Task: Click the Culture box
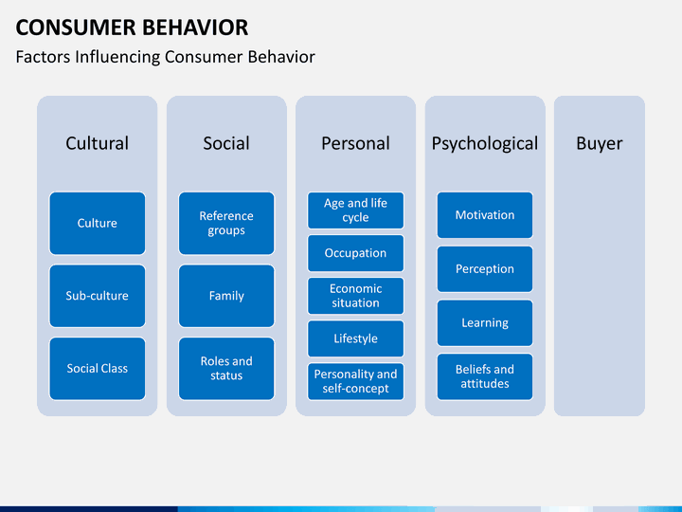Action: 97,224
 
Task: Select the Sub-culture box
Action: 97,296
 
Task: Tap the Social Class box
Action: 97,369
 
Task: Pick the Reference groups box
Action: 226,224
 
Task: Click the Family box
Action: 226,296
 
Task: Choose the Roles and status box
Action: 226,369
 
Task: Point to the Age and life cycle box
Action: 355,210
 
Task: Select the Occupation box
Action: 355,253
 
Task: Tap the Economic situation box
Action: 355,296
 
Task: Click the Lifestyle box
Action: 355,338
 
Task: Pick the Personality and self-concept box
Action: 355,381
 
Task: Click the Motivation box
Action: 485,215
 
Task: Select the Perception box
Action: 485,269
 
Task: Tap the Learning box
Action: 485,323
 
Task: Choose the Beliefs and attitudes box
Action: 485,376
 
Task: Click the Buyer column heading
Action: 600,144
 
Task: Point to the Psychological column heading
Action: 485,144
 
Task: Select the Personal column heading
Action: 355,143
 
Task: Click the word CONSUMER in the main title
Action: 76,27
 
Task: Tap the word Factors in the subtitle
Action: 43,57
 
